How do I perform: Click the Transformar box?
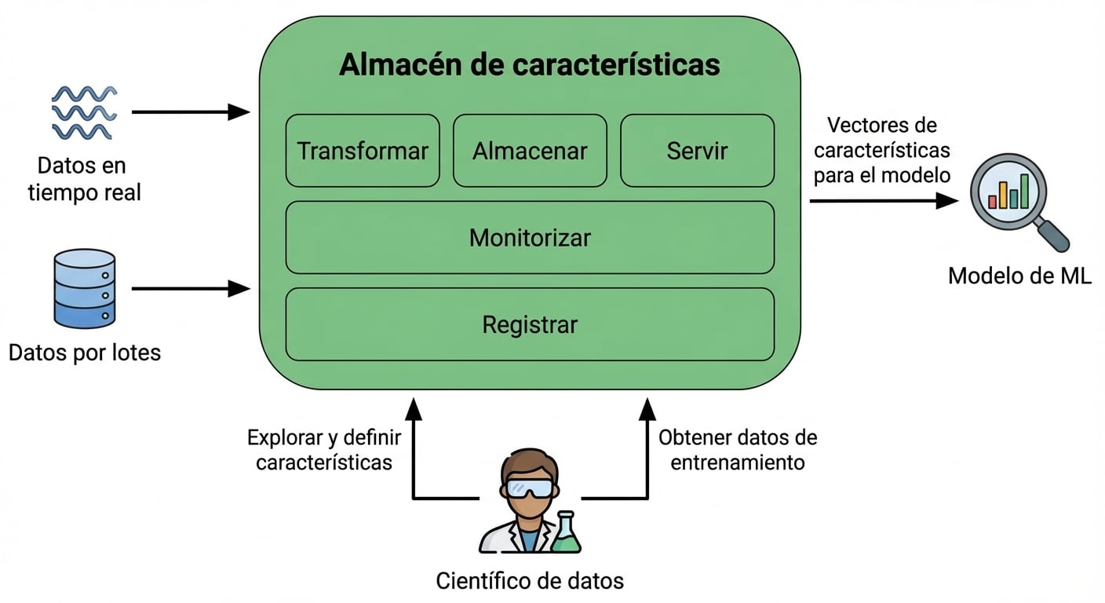[x=362, y=151]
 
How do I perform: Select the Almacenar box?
[x=530, y=151]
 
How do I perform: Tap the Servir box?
[x=697, y=151]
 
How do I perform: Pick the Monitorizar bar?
[x=530, y=237]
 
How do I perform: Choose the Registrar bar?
[x=530, y=324]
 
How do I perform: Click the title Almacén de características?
[x=530, y=65]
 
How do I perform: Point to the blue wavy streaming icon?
[x=84, y=113]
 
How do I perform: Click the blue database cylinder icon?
[x=84, y=288]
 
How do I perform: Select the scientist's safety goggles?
[x=530, y=488]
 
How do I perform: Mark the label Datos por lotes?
[x=85, y=353]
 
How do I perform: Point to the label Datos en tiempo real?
[x=84, y=179]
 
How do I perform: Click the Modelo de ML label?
[x=1019, y=276]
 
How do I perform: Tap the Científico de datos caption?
[x=530, y=581]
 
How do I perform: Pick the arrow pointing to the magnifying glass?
[x=884, y=201]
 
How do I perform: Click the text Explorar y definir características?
[x=324, y=450]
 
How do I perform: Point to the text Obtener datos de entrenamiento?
[x=737, y=450]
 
